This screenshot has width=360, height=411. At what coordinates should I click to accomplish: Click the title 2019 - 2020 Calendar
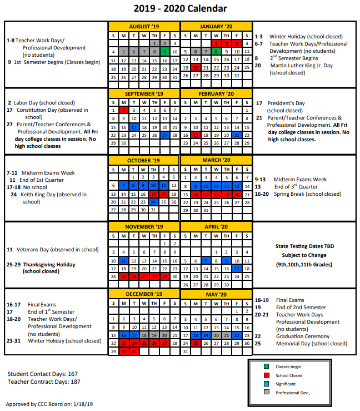181,8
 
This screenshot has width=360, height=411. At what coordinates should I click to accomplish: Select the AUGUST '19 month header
144,27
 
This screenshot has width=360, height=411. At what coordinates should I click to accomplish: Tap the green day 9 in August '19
164,52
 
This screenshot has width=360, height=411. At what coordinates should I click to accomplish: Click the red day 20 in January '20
195,68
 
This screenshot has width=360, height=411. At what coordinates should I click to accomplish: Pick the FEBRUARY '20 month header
216,93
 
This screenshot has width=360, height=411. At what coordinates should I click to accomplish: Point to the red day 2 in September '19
124,110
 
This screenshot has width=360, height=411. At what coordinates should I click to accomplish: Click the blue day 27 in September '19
164,135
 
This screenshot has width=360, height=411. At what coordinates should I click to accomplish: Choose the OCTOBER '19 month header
144,161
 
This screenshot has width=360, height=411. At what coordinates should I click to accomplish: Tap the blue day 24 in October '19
154,202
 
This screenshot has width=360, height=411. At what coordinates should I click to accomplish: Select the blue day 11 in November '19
124,261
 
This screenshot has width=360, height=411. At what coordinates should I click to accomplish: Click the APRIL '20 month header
216,227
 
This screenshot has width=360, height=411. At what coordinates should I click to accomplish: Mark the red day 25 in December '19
144,344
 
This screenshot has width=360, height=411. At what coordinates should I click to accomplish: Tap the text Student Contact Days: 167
42,373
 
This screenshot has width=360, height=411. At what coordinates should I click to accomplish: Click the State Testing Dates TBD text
304,246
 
